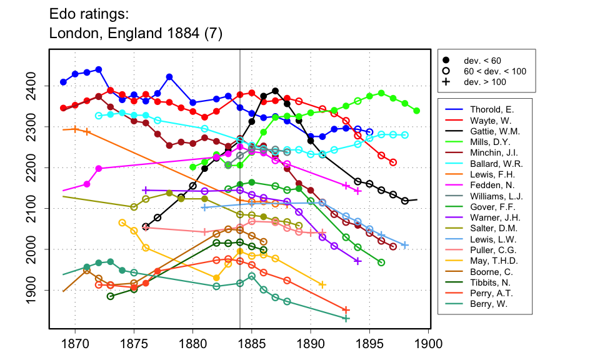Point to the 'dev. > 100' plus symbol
[x=446, y=82]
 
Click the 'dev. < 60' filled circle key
[x=446, y=61]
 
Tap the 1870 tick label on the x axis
[x=75, y=344]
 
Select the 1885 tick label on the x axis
[x=252, y=344]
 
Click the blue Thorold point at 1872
[x=99, y=69]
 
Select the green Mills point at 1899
[x=417, y=111]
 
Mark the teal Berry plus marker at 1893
[x=346, y=319]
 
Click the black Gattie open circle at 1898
[x=405, y=201]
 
